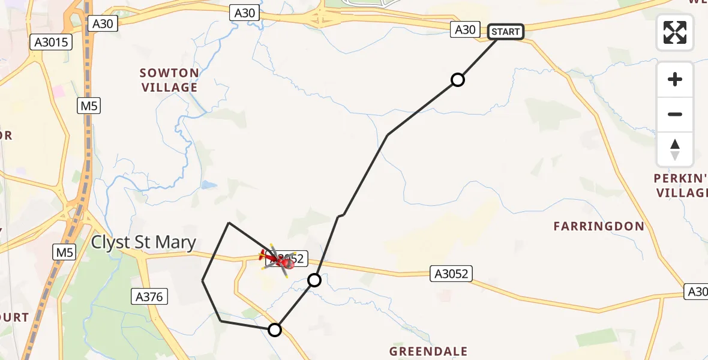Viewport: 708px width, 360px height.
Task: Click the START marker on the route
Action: (506, 32)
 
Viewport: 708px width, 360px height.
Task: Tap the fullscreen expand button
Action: (675, 32)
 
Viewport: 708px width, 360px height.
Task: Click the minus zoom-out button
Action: (675, 114)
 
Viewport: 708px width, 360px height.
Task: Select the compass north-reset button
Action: (675, 149)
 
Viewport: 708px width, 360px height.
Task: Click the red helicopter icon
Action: (278, 260)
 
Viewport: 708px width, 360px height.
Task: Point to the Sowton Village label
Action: (169, 80)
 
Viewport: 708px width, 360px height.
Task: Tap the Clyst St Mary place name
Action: (143, 242)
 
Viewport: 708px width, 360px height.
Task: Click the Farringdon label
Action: (599, 226)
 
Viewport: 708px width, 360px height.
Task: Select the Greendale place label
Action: (428, 351)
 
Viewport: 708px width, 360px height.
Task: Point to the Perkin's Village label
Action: (682, 185)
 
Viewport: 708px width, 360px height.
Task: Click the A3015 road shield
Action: (51, 42)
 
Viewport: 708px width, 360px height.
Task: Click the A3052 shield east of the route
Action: (451, 274)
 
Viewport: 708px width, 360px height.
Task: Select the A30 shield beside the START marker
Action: (465, 29)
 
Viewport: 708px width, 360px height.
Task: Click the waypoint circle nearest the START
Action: (458, 80)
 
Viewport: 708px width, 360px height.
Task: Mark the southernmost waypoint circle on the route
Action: (275, 329)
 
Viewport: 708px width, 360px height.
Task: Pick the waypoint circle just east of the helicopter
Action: (314, 280)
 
